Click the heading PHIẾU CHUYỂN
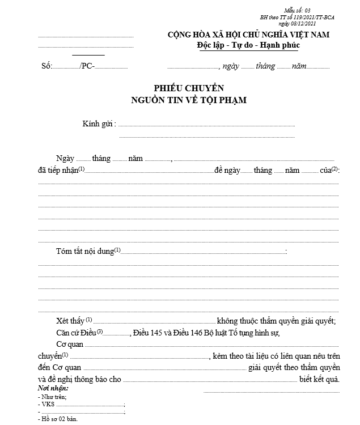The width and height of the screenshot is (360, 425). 189,88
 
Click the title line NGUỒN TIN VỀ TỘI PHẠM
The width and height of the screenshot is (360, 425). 189,100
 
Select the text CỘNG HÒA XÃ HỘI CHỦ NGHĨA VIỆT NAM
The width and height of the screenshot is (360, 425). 248,35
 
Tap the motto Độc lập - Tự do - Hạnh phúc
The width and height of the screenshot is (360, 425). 248,45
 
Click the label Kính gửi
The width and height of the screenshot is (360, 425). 99,124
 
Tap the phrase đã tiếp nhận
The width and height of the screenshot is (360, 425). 57,171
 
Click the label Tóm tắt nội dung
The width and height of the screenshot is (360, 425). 84,250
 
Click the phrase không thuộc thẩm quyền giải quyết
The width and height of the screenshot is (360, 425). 276,321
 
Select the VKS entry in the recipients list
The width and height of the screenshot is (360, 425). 46,405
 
